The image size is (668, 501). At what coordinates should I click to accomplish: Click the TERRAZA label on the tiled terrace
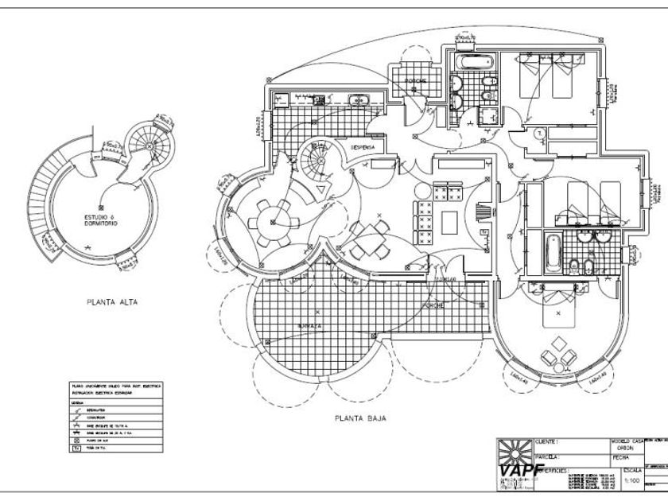[x=309, y=326]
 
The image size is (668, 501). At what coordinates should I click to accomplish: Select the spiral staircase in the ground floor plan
[x=316, y=163]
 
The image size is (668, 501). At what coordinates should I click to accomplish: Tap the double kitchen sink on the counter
[x=359, y=99]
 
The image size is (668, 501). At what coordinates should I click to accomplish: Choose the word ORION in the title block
[x=625, y=448]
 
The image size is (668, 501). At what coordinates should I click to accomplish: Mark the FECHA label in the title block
[x=620, y=458]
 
